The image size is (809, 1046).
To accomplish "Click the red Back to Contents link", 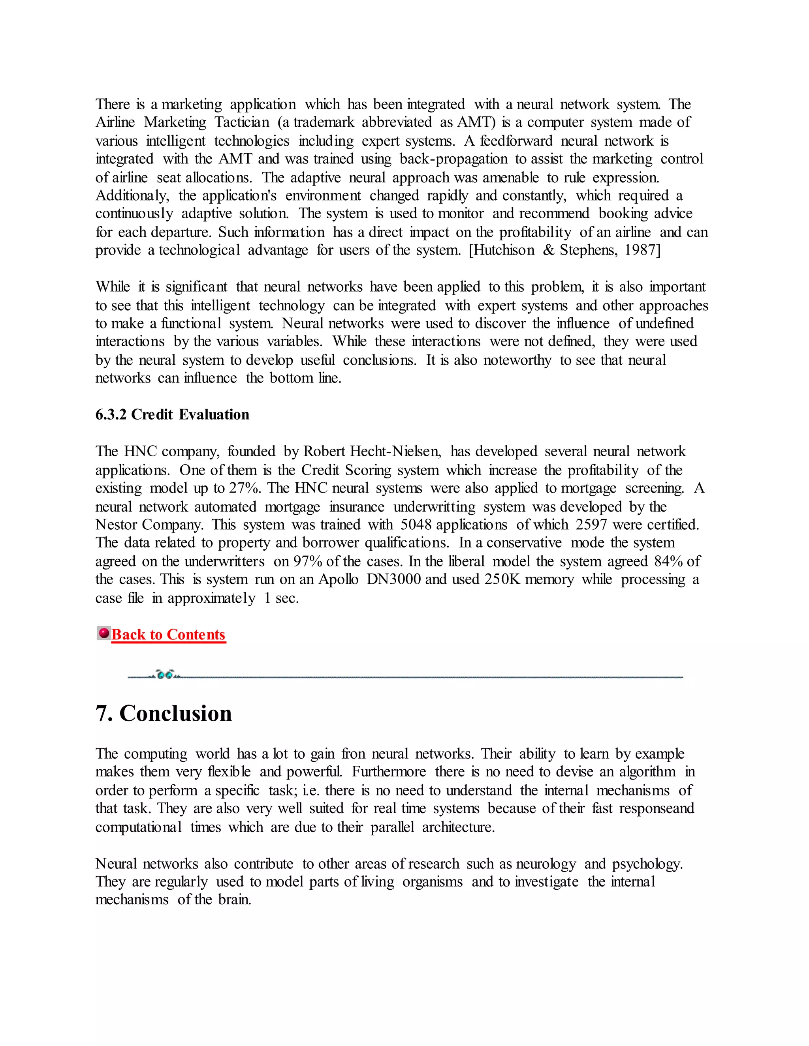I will click(x=168, y=635).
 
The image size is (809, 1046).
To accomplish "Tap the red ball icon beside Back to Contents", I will click(x=103, y=633).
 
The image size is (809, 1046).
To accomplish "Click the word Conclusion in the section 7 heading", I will click(x=175, y=713).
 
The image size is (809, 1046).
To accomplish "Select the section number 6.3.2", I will click(x=111, y=414).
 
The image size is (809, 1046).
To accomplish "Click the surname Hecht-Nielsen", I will click(x=395, y=451).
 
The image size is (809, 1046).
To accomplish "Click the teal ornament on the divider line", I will click(x=165, y=675).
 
